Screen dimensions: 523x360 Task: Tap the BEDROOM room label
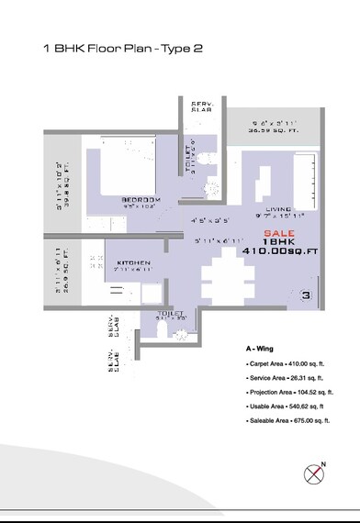pos(141,200)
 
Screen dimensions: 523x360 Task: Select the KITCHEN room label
pos(133,263)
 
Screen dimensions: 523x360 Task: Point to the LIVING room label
pos(278,210)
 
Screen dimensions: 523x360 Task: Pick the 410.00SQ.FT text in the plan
pos(279,250)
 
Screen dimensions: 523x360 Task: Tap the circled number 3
pos(306,295)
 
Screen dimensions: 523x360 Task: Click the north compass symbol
pos(316,473)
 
